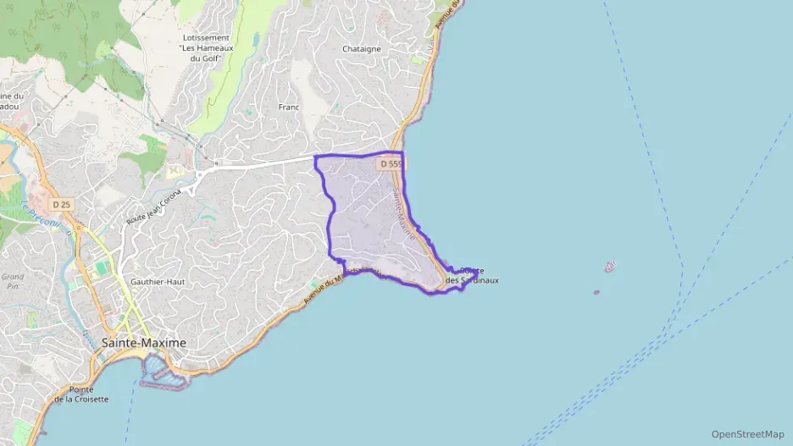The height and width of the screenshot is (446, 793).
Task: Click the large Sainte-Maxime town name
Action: point(143,342)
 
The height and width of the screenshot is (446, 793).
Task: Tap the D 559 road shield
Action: point(391,163)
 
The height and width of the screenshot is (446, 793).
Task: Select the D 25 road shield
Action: point(60,204)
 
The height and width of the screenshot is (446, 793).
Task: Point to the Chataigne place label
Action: point(362,49)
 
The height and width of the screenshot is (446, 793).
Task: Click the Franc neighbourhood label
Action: point(290,107)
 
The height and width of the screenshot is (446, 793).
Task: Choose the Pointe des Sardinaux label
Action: point(472,275)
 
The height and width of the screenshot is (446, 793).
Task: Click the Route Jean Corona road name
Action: point(155,207)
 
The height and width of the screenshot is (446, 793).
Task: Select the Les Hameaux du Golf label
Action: point(206,48)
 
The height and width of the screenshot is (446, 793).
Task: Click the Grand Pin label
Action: point(12,281)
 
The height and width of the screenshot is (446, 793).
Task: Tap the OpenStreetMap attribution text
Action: point(747,434)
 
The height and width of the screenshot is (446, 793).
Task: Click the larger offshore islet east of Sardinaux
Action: point(609,267)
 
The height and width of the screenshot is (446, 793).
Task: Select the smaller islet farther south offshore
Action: point(596,293)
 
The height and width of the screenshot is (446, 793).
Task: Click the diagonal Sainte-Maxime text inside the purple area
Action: point(403,211)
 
